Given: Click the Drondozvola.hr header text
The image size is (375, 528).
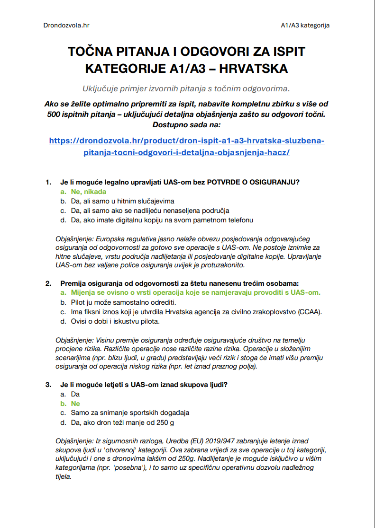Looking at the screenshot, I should click(x=66, y=25).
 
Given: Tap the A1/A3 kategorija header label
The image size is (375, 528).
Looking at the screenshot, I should click(x=305, y=25).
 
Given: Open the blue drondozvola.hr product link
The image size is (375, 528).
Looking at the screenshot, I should click(x=187, y=147).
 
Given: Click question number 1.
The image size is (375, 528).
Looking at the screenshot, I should click(x=48, y=182).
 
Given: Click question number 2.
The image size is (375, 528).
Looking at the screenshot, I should click(x=48, y=283).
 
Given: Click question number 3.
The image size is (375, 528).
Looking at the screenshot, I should click(x=48, y=385).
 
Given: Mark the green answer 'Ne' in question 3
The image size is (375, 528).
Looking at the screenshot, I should click(x=75, y=404).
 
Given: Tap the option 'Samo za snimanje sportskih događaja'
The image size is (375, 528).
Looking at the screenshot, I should click(x=130, y=413).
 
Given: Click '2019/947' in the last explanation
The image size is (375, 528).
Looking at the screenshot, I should click(x=199, y=441).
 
